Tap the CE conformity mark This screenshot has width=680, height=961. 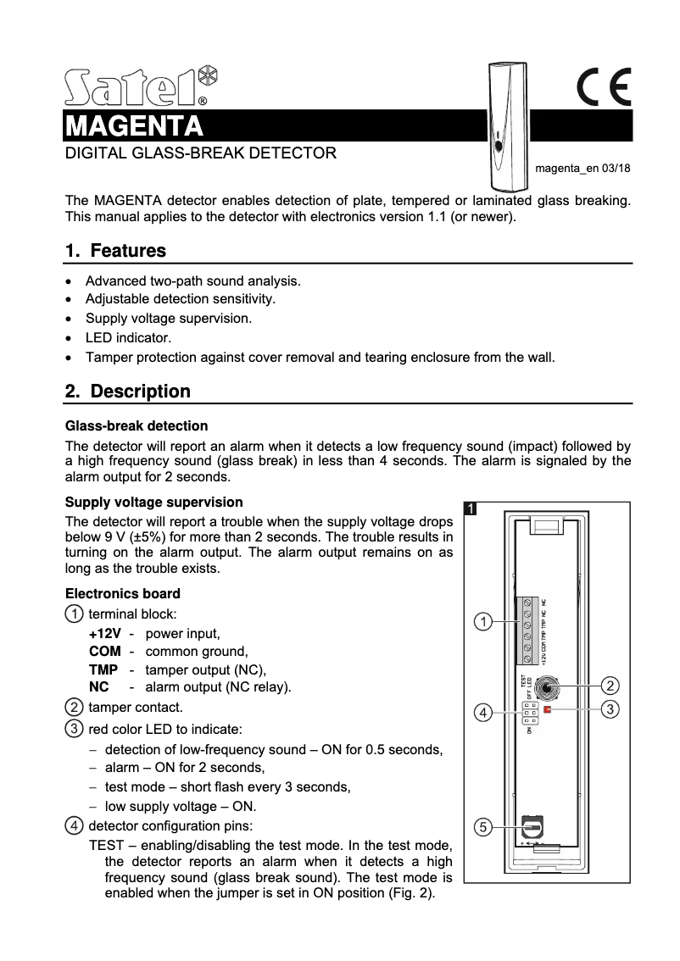pyautogui.click(x=604, y=87)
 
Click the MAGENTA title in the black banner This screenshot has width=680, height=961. pyautogui.click(x=135, y=126)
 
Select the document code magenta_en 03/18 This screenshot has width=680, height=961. pyautogui.click(x=582, y=169)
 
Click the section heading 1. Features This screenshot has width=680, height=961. pyautogui.click(x=115, y=251)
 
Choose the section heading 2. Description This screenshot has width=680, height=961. pyautogui.click(x=128, y=392)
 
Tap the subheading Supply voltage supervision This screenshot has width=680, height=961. pyautogui.click(x=154, y=502)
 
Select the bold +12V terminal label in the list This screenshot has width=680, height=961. pyautogui.click(x=104, y=633)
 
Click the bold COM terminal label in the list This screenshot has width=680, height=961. pyautogui.click(x=104, y=652)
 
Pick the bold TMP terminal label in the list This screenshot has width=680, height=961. pyautogui.click(x=103, y=669)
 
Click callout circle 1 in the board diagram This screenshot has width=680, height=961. pyautogui.click(x=482, y=623)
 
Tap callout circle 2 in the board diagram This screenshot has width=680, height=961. pyautogui.click(x=609, y=684)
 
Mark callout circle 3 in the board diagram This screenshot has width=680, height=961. pyautogui.click(x=609, y=708)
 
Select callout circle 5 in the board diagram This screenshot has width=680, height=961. pyautogui.click(x=482, y=826)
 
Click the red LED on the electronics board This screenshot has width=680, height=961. pyautogui.click(x=548, y=708)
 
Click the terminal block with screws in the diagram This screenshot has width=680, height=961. pyautogui.click(x=527, y=631)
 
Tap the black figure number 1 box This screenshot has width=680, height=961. pyautogui.click(x=471, y=508)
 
